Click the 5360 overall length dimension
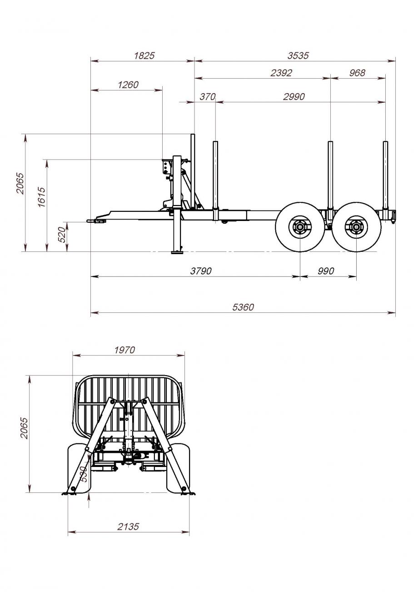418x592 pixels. (x=243, y=307)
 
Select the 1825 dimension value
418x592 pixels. (x=144, y=56)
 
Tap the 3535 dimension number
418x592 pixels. (x=298, y=56)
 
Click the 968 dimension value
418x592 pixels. (x=357, y=73)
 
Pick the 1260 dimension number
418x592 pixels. (x=128, y=85)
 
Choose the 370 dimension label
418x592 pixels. (x=208, y=97)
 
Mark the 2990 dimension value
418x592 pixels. (x=294, y=97)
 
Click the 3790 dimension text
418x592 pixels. (x=201, y=271)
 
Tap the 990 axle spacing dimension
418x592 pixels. (x=326, y=271)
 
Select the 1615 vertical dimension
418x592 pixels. (x=42, y=197)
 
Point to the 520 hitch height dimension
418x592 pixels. (x=61, y=235)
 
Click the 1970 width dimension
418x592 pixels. (x=124, y=350)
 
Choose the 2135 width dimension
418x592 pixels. (x=128, y=527)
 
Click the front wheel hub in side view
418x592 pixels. (x=300, y=227)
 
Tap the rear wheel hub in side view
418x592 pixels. (x=356, y=227)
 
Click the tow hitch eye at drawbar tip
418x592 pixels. (x=91, y=221)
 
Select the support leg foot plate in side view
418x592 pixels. (x=177, y=253)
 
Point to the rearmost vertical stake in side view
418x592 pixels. (x=386, y=181)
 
